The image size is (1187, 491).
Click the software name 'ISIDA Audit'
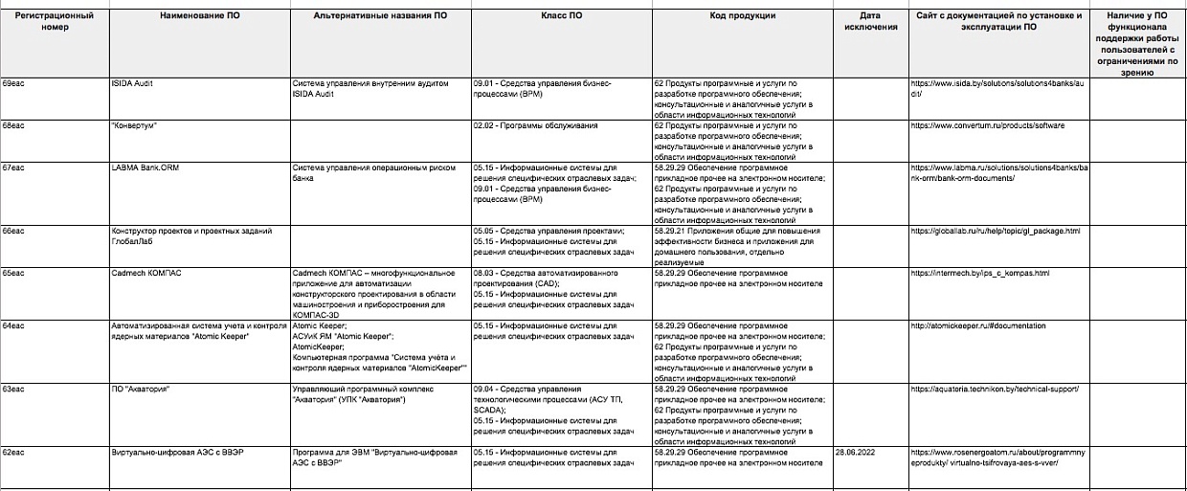[x=132, y=83]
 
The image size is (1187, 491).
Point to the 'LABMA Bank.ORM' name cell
[x=146, y=167]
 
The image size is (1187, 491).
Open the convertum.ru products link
[x=986, y=125]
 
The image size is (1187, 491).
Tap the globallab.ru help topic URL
[x=995, y=231]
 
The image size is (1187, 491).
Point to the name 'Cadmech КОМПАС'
[x=146, y=273]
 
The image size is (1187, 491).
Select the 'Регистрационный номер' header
[x=55, y=21]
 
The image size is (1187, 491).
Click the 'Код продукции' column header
[x=743, y=16]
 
